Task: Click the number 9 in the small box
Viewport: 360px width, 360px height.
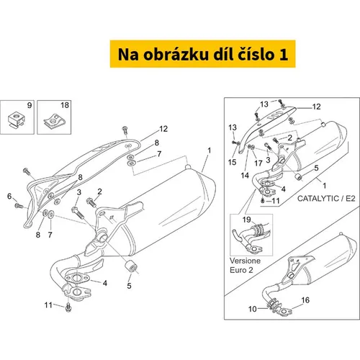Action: (30, 105)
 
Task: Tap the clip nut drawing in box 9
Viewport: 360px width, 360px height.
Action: (17, 119)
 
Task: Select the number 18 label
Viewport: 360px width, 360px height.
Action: (65, 105)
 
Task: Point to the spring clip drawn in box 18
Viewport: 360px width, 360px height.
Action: (55, 121)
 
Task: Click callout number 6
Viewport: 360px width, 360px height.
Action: (9, 196)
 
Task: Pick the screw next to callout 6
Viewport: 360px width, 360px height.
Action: (19, 206)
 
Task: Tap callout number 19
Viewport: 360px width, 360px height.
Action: (246, 220)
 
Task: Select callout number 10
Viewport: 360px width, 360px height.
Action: (253, 309)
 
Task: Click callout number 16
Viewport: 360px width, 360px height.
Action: (305, 300)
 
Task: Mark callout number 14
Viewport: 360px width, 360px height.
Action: (245, 176)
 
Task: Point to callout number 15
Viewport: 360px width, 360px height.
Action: (232, 162)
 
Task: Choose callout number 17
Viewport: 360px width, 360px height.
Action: (258, 163)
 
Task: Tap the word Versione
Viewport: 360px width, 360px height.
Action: (245, 261)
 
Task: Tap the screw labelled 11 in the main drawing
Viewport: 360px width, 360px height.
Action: (68, 307)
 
